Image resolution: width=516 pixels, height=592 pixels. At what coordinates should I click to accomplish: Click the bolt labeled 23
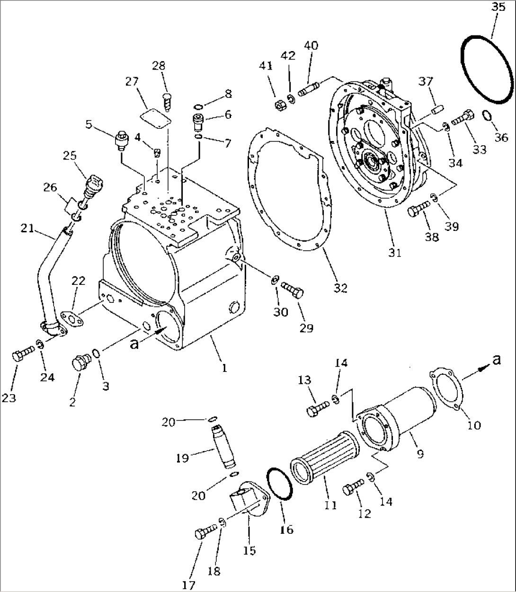click(23, 354)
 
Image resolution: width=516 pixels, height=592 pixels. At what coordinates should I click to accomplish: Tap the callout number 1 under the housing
click(224, 367)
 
